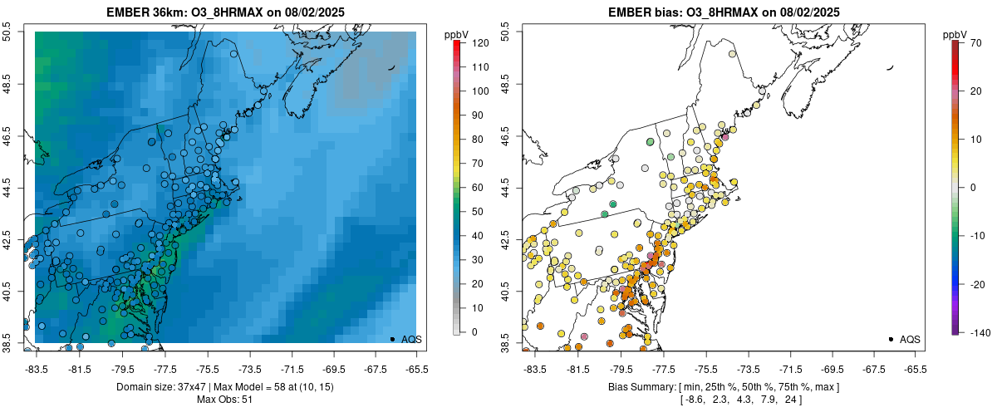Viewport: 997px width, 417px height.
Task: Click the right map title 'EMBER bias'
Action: tap(639, 12)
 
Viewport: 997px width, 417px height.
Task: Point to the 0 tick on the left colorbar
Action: tap(474, 332)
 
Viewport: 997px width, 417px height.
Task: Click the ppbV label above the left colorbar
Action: tap(457, 34)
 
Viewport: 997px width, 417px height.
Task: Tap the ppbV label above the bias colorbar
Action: tap(955, 34)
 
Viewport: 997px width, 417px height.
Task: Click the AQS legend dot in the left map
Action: tap(391, 339)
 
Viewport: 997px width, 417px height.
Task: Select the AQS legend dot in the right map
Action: tap(890, 339)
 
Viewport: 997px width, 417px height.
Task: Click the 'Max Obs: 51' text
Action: tap(224, 400)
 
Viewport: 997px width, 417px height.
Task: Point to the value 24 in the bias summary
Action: tap(794, 400)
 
